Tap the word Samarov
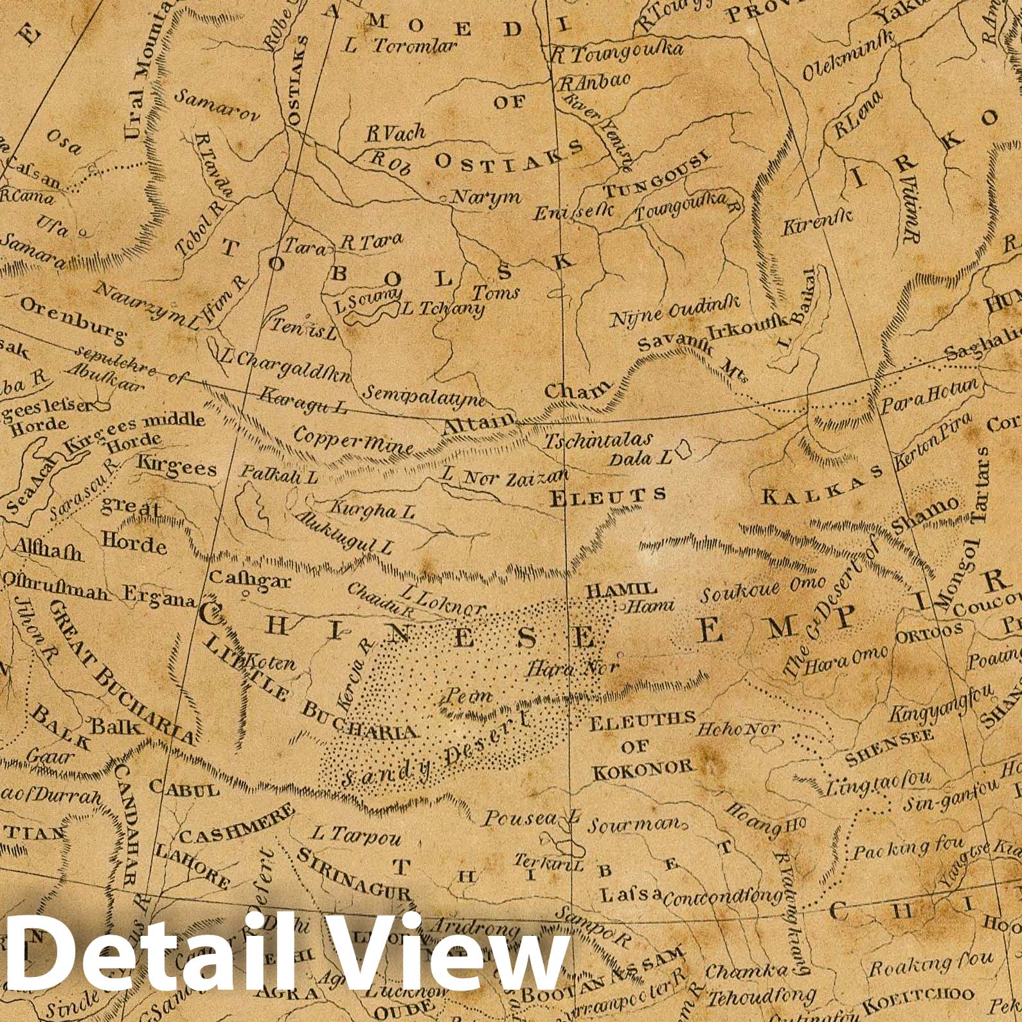pos(217,106)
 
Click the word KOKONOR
pos(643,767)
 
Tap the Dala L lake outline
pos(684,450)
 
